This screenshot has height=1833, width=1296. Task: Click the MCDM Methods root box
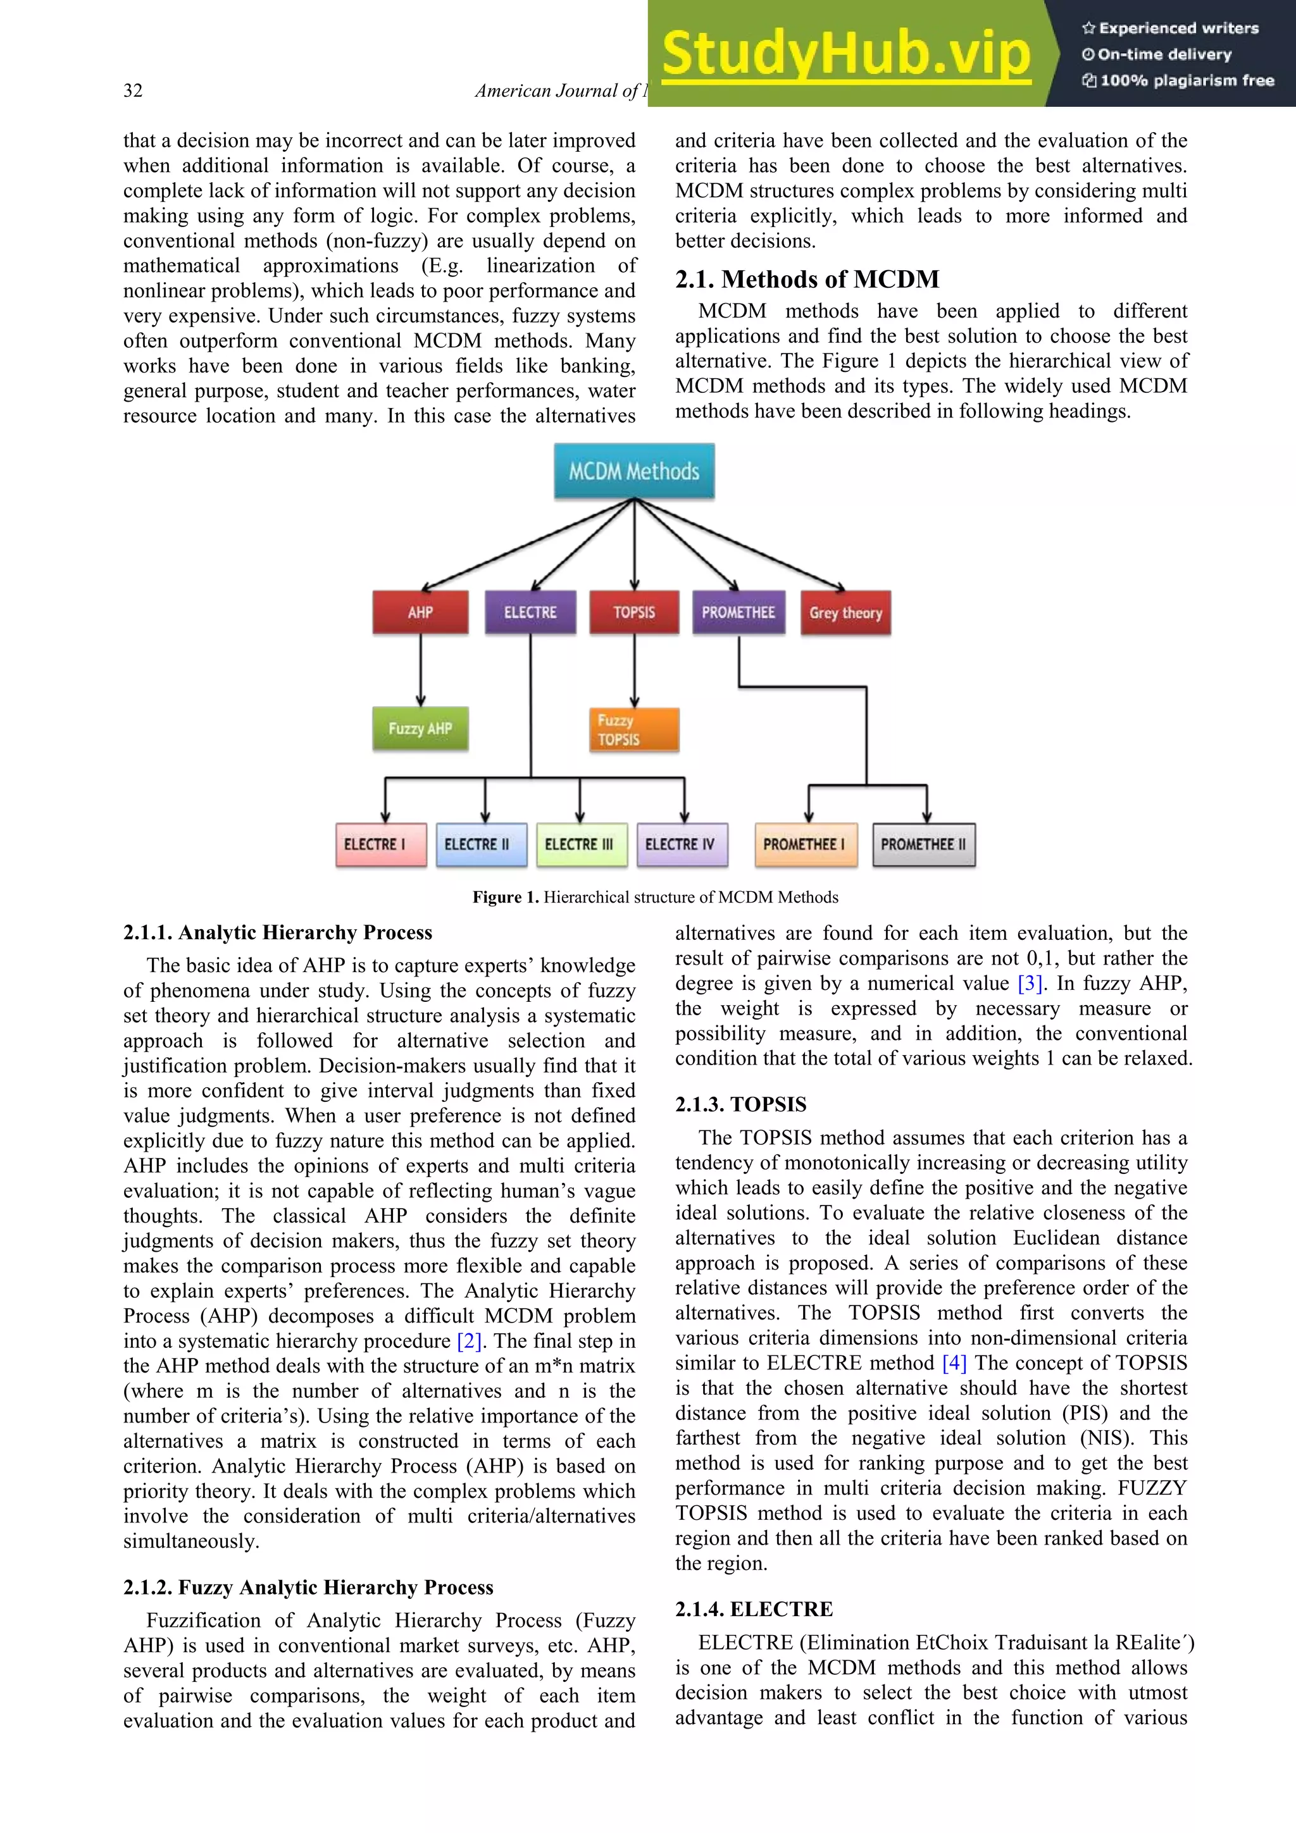[634, 471]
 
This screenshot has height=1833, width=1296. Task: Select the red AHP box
[420, 612]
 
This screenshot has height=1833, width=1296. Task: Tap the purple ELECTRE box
[530, 612]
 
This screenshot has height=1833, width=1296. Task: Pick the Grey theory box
[845, 613]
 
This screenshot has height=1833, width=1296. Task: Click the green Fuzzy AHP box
[420, 728]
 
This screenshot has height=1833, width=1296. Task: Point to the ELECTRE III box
[580, 844]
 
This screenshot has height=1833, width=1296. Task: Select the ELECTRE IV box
[682, 844]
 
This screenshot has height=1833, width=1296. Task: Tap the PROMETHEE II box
[924, 844]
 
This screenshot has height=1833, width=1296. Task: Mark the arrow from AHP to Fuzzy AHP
[421, 670]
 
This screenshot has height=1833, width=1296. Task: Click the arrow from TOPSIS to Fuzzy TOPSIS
[635, 670]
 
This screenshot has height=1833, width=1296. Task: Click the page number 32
[134, 91]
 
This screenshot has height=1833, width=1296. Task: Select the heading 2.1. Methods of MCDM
[807, 280]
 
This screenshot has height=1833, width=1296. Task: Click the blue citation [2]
[470, 1341]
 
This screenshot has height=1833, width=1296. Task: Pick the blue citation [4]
[954, 1363]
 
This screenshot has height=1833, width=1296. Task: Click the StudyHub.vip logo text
[847, 54]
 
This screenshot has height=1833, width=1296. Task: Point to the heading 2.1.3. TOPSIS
[740, 1104]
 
